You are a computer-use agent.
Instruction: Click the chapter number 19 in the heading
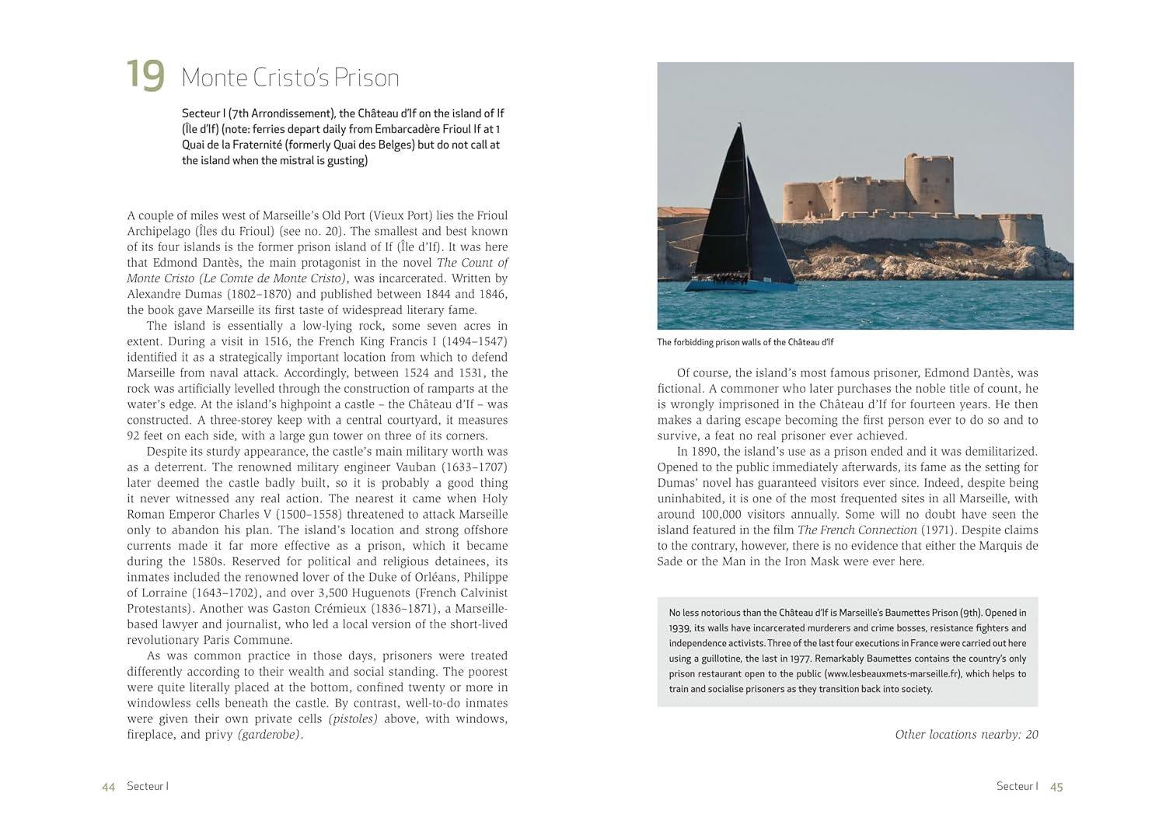145,75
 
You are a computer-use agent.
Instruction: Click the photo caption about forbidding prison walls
745,342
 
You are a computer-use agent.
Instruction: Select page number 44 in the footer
108,787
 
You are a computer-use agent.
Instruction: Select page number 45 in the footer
1056,787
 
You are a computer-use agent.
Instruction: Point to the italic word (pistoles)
353,718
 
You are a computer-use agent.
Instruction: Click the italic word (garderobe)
270,734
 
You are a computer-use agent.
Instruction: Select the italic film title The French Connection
857,530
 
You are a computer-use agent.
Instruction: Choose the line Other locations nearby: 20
966,734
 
